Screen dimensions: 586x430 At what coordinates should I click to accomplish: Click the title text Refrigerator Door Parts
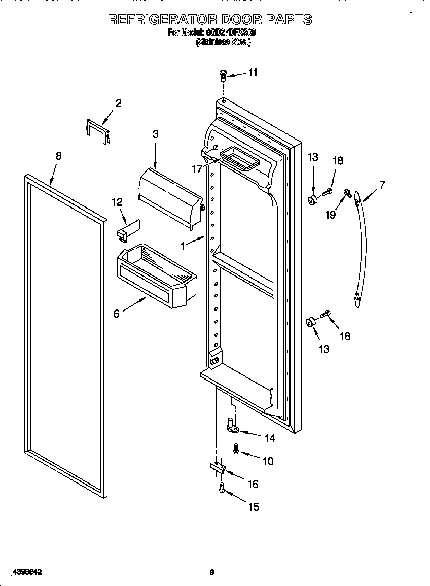(x=210, y=20)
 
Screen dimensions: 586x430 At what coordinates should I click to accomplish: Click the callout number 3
(x=155, y=134)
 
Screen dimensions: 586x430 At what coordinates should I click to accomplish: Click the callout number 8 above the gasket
(x=58, y=156)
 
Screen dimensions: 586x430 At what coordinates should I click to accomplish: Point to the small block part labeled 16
(x=216, y=467)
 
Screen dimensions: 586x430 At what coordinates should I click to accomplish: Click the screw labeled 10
(x=236, y=447)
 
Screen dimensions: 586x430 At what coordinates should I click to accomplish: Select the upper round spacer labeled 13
(x=313, y=199)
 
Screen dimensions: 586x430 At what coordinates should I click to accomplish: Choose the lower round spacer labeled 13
(x=310, y=322)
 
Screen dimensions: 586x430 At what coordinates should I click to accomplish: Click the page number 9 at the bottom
(x=212, y=573)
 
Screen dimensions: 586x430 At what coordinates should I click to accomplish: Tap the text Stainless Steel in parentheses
(x=223, y=43)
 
